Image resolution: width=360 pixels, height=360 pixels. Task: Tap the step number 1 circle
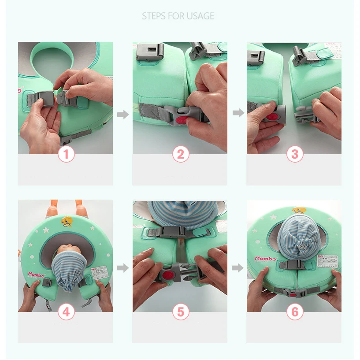[67, 154]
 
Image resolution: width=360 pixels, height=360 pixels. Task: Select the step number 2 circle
[180, 154]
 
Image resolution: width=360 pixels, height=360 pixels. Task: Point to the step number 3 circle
[295, 154]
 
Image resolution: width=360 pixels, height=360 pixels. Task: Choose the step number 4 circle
[66, 312]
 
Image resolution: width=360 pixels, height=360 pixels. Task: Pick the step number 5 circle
[180, 312]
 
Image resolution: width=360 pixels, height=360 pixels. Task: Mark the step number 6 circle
[295, 312]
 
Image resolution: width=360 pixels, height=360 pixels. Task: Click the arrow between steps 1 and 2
[123, 115]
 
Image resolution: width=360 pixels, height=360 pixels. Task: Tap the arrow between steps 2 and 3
[238, 113]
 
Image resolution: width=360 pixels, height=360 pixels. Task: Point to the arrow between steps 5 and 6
[238, 267]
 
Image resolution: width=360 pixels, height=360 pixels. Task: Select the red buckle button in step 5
[167, 276]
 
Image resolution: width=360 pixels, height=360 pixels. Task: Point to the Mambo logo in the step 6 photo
[265, 259]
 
